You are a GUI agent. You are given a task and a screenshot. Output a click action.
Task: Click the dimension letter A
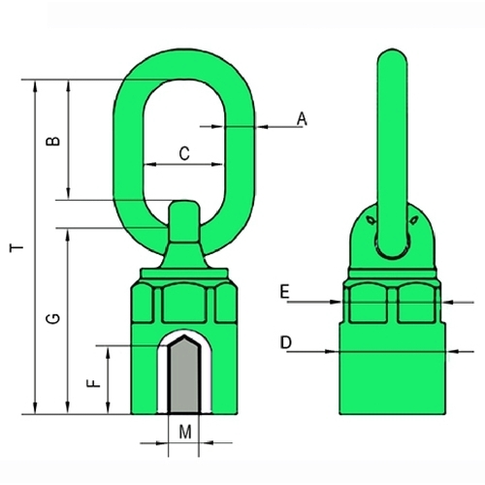pyautogui.click(x=302, y=118)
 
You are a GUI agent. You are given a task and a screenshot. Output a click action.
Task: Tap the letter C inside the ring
pyautogui.click(x=184, y=153)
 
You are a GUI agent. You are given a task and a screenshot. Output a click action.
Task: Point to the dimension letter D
pyautogui.click(x=286, y=342)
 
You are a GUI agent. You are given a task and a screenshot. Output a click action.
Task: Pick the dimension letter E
pyautogui.click(x=284, y=292)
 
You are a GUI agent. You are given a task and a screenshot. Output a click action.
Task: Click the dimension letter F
pyautogui.click(x=94, y=383)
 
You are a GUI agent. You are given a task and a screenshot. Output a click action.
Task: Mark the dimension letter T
pyautogui.click(x=16, y=248)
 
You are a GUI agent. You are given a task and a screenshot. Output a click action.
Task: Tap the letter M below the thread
pyautogui.click(x=185, y=432)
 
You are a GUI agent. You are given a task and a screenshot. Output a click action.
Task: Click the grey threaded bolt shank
pyautogui.click(x=184, y=375)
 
